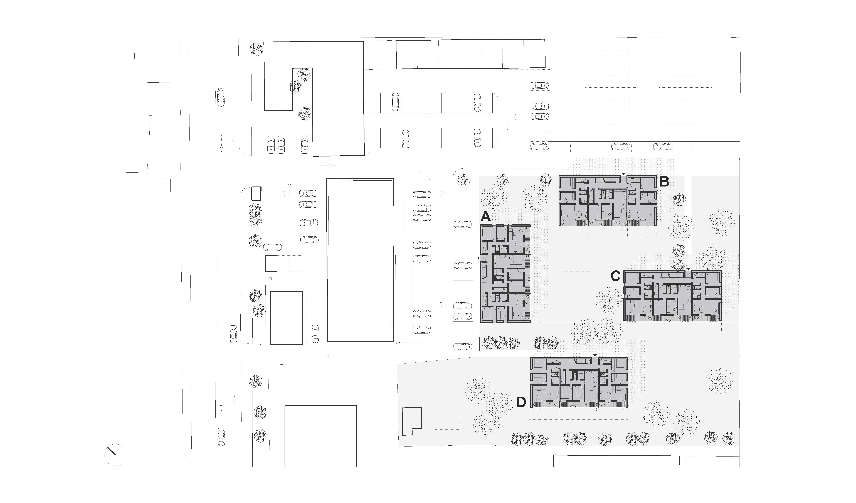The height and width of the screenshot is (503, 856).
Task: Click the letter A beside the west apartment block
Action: click(486, 217)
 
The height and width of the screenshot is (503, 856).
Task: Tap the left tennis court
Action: click(611, 88)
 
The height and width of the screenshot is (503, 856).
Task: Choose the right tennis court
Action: click(685, 88)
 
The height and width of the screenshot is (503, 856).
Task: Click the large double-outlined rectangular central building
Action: click(360, 260)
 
